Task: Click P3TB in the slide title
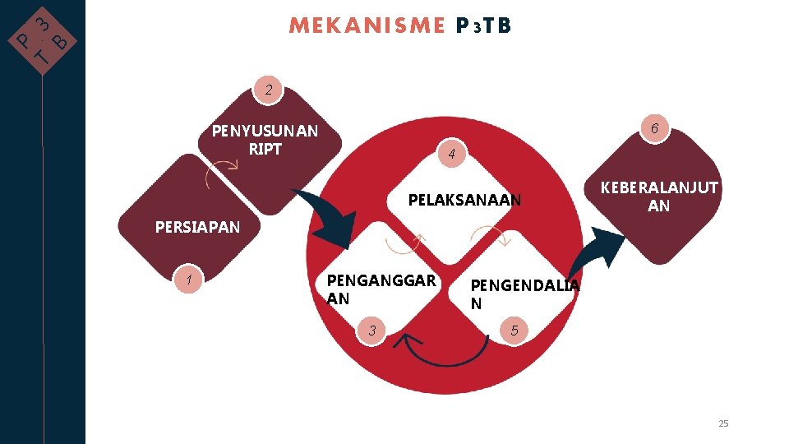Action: pyautogui.click(x=483, y=26)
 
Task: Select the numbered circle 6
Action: pyautogui.click(x=654, y=128)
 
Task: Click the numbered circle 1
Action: pyautogui.click(x=190, y=280)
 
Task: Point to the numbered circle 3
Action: pyautogui.click(x=372, y=331)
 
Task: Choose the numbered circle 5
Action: pyautogui.click(x=514, y=331)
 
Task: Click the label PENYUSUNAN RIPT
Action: pyautogui.click(x=265, y=140)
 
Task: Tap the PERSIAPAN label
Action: pyautogui.click(x=197, y=227)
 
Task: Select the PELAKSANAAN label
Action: pyautogui.click(x=464, y=200)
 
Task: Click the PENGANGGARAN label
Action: pyautogui.click(x=381, y=289)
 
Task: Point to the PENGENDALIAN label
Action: pyautogui.click(x=524, y=294)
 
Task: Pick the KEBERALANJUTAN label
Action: pyautogui.click(x=659, y=197)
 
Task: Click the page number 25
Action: pyautogui.click(x=723, y=423)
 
